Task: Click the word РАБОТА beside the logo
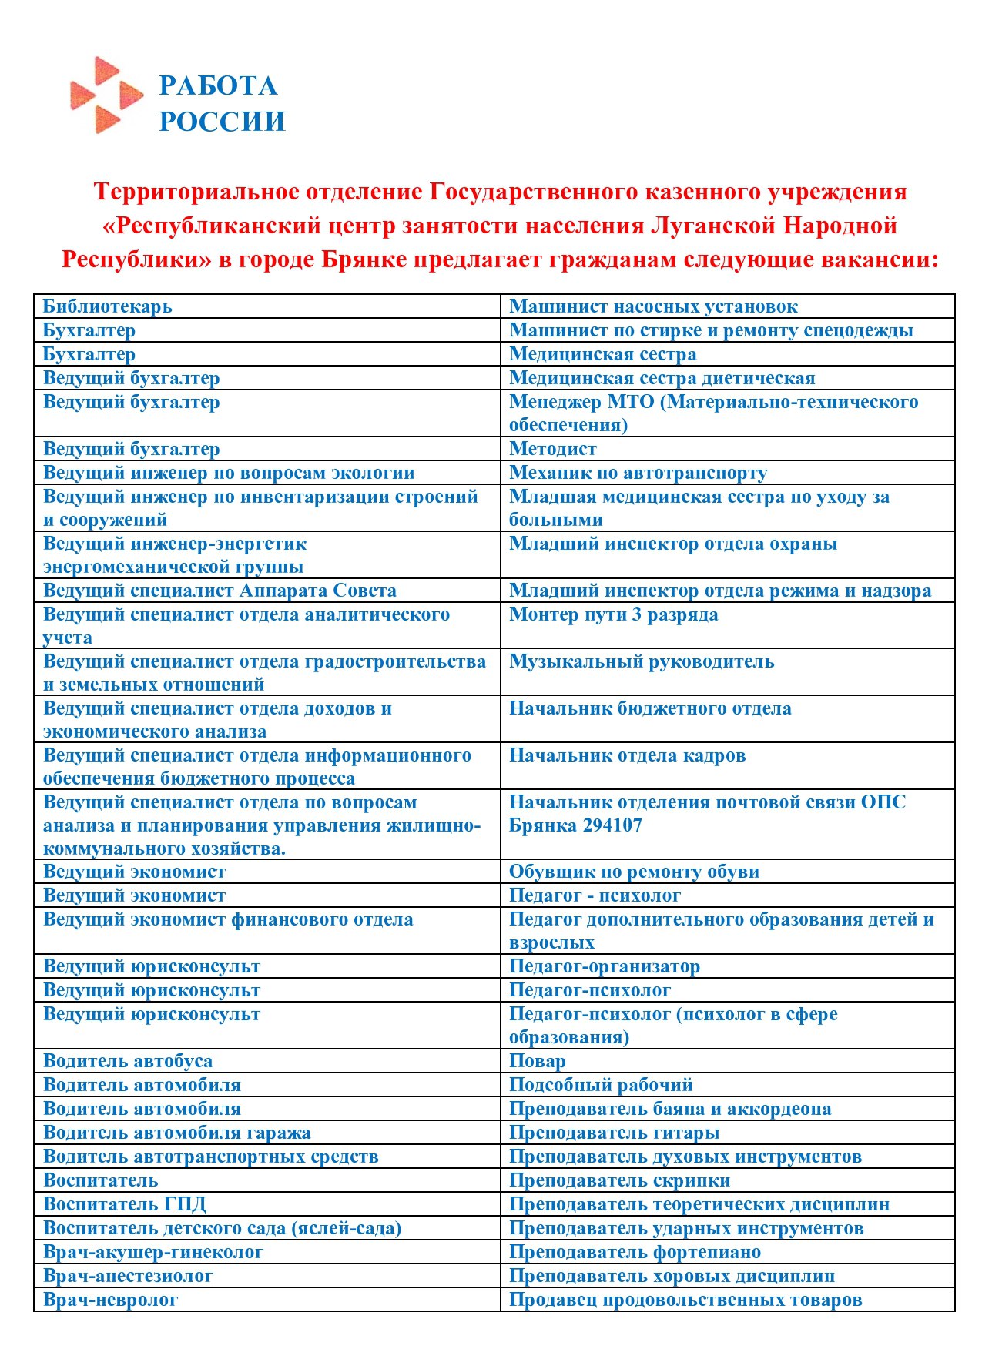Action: coord(218,85)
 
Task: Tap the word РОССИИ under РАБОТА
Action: coord(222,122)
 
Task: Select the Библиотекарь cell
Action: coord(108,306)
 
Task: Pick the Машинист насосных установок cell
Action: coord(653,306)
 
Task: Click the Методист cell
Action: coord(553,449)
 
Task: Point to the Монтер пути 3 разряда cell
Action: coord(613,614)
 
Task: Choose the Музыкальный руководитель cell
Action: coord(641,661)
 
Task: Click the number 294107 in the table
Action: coord(607,825)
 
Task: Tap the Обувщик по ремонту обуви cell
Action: coord(634,872)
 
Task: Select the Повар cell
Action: coord(538,1061)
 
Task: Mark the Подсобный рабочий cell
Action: coord(601,1085)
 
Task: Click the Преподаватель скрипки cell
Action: coord(619,1180)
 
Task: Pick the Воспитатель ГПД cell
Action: coord(125,1204)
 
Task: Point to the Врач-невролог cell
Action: coord(111,1300)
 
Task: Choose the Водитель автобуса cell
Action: coord(128,1061)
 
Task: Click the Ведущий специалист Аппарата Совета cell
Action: coord(220,591)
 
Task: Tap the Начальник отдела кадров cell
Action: coord(627,755)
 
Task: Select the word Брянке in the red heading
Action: coord(364,259)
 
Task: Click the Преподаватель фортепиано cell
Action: coord(635,1252)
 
